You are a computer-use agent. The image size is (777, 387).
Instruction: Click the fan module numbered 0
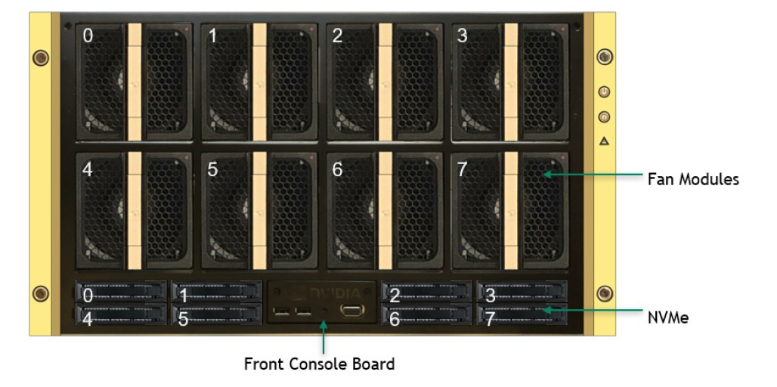click(x=134, y=82)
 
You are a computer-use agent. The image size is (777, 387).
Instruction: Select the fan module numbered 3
click(x=510, y=82)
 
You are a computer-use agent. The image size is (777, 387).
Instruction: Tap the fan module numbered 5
click(x=259, y=211)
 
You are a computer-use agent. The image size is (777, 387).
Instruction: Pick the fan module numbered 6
click(x=385, y=211)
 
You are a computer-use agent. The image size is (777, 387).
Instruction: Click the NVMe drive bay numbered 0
click(x=121, y=291)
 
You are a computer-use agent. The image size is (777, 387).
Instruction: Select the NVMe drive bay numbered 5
click(x=217, y=314)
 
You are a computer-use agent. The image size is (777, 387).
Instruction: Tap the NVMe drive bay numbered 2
click(x=426, y=291)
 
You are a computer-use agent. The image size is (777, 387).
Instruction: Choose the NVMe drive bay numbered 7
click(x=522, y=314)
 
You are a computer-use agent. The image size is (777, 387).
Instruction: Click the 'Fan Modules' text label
click(x=693, y=179)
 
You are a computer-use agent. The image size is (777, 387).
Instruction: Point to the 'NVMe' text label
click(x=668, y=317)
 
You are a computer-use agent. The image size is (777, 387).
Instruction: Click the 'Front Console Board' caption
click(x=320, y=364)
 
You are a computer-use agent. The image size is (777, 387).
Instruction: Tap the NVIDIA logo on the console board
click(x=323, y=293)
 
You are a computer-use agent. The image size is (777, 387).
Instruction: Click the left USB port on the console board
click(x=280, y=311)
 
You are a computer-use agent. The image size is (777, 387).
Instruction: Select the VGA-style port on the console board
click(x=352, y=311)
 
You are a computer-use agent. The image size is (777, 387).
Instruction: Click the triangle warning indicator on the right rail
click(x=604, y=141)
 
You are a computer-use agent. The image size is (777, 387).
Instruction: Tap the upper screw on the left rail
click(x=41, y=57)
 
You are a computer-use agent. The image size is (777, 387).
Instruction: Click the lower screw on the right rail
click(x=605, y=293)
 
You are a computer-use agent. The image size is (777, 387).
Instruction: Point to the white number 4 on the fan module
click(x=87, y=170)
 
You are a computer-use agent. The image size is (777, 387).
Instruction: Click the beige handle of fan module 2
click(x=385, y=82)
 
